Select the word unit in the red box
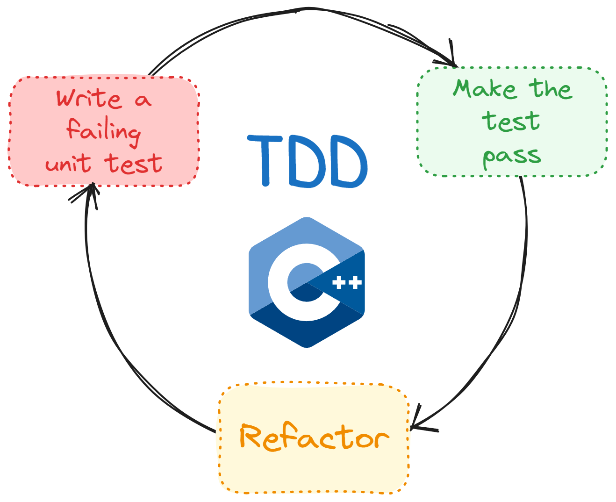[x=68, y=164]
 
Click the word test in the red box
[x=133, y=164]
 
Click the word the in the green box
[x=551, y=89]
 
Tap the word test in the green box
[x=511, y=122]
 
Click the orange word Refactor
[x=314, y=437]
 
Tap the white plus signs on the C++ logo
[x=347, y=283]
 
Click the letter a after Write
[x=143, y=100]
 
